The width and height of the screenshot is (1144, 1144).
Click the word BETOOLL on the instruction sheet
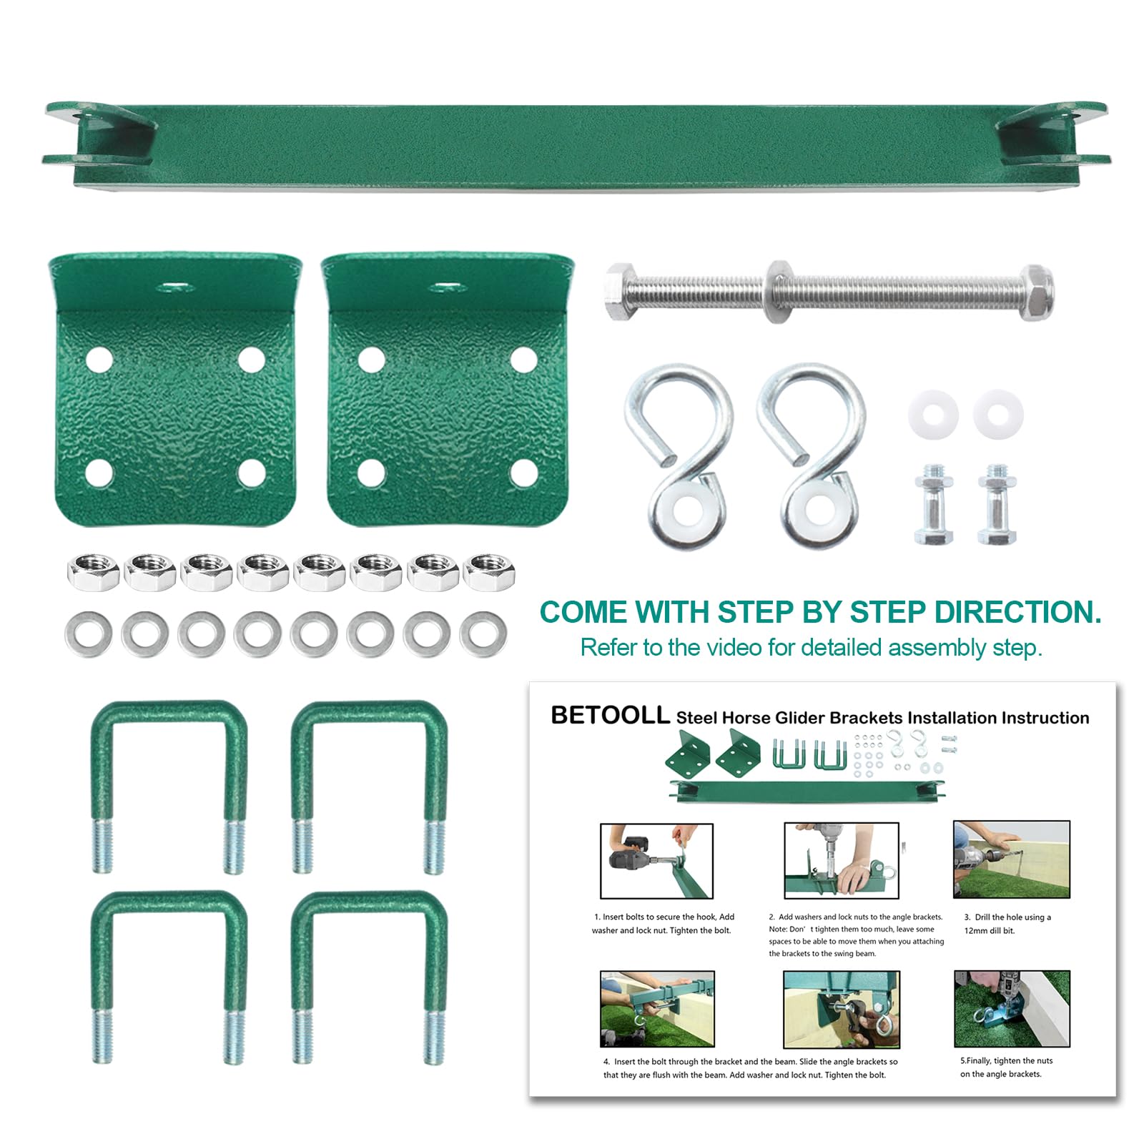click(x=610, y=716)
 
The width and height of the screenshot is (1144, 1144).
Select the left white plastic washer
click(x=933, y=414)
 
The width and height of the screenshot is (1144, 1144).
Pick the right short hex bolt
click(x=997, y=504)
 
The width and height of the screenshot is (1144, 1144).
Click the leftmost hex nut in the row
click(x=93, y=572)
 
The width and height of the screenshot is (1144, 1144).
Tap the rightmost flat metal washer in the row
click(x=483, y=634)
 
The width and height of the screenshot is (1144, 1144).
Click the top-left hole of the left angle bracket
click(x=99, y=359)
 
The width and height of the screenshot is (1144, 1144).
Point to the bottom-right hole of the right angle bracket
click(x=523, y=472)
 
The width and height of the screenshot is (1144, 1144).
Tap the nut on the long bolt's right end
click(x=1035, y=291)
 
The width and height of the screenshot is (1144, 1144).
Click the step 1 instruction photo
click(x=656, y=860)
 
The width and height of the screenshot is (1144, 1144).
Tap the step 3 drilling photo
click(x=1011, y=859)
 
